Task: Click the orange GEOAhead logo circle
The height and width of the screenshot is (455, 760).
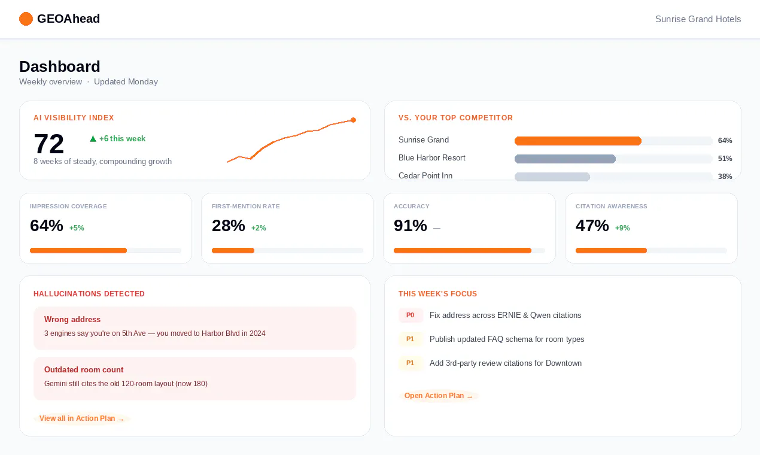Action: [x=26, y=19]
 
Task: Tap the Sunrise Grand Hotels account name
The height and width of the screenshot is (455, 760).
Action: [x=698, y=19]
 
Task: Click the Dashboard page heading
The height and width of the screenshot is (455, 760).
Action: [x=60, y=66]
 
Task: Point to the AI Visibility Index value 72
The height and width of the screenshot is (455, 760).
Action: [x=49, y=144]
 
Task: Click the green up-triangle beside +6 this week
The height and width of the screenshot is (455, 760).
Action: [x=93, y=138]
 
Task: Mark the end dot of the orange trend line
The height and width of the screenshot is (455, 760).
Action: [x=353, y=120]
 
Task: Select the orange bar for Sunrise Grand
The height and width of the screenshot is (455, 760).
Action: [x=578, y=141]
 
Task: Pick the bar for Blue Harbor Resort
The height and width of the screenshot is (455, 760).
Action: [x=565, y=159]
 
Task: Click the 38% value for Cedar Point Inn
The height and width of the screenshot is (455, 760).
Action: [x=725, y=177]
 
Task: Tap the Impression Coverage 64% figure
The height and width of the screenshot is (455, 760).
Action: [x=47, y=226]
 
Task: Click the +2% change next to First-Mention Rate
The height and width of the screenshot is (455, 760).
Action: [x=259, y=228]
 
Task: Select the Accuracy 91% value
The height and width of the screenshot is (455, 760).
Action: [x=410, y=226]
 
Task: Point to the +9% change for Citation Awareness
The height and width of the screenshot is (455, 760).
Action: [x=622, y=228]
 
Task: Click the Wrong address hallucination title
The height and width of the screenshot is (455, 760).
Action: [x=72, y=319]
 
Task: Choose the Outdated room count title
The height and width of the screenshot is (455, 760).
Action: [x=84, y=369]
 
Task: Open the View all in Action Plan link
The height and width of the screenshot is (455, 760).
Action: [x=81, y=418]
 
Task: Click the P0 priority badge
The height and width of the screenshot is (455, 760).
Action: [x=410, y=315]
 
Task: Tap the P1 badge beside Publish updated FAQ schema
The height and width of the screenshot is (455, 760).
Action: [x=410, y=339]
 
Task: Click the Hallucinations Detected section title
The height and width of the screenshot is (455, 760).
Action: [x=89, y=294]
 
